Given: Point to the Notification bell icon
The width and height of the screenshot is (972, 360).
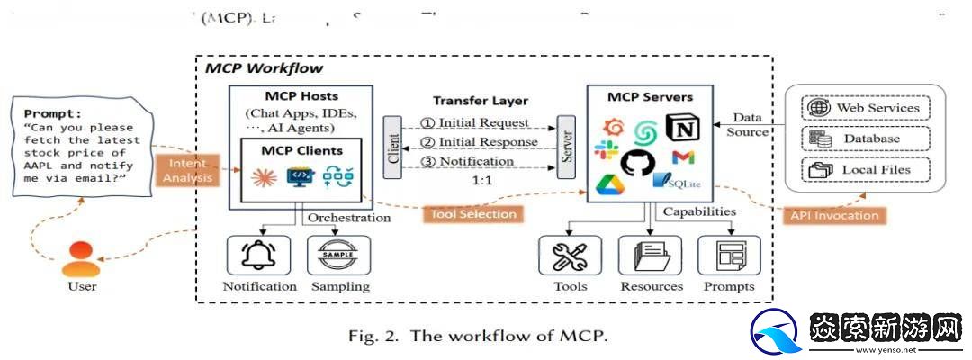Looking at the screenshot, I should [258, 256].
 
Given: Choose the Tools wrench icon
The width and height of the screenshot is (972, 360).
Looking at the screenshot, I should [570, 256].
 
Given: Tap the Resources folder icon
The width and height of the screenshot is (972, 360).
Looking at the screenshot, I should [650, 256].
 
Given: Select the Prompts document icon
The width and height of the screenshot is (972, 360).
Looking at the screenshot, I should [729, 256].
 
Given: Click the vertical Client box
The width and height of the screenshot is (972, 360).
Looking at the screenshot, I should [391, 145].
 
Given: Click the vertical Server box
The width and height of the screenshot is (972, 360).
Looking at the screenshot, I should [567, 145].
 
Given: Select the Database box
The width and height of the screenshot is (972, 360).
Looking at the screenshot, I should [865, 139].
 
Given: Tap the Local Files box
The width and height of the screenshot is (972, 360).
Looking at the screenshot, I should [865, 169].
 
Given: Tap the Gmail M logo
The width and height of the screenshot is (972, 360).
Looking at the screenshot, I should [685, 158].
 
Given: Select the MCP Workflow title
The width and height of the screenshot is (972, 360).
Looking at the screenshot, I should [264, 68].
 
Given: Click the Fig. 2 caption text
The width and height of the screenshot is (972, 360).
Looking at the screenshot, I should [479, 337].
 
